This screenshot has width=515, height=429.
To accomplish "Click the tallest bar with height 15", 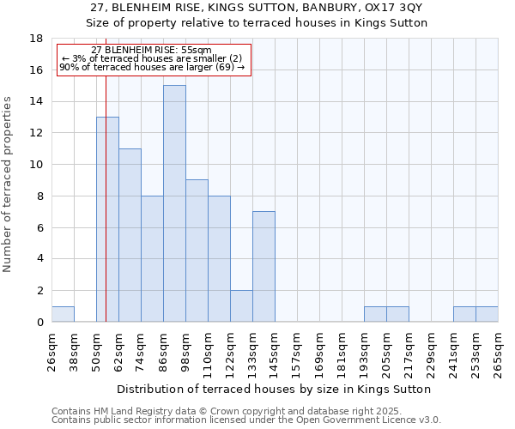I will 174,203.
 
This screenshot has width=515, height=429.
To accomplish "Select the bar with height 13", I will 107,220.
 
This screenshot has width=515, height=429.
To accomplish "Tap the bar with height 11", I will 130,235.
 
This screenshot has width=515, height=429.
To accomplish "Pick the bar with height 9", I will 197,251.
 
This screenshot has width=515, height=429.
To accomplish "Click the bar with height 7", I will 264,267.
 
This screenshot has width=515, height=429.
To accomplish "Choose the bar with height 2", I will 241,306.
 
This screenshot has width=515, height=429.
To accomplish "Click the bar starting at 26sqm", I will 63,314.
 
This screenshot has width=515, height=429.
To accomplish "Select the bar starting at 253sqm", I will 487,314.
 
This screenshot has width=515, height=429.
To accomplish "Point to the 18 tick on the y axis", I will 36,39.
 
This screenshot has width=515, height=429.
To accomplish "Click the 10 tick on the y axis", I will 36,165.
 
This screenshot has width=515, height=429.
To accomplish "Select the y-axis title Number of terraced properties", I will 9,184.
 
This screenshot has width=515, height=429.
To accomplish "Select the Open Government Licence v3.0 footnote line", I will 246,420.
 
